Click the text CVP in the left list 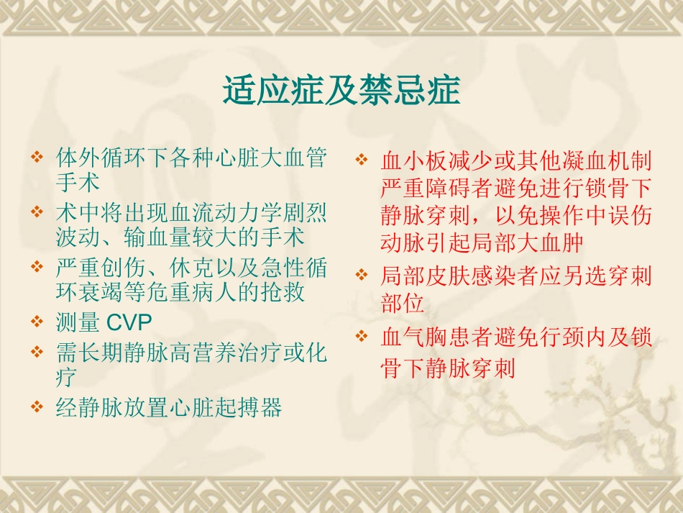129,322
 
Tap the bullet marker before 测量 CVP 37,321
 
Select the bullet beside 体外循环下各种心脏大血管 37,155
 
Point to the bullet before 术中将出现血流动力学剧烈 37,212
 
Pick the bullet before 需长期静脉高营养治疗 37,352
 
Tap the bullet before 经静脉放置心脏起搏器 37,407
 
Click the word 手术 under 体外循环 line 77,182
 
